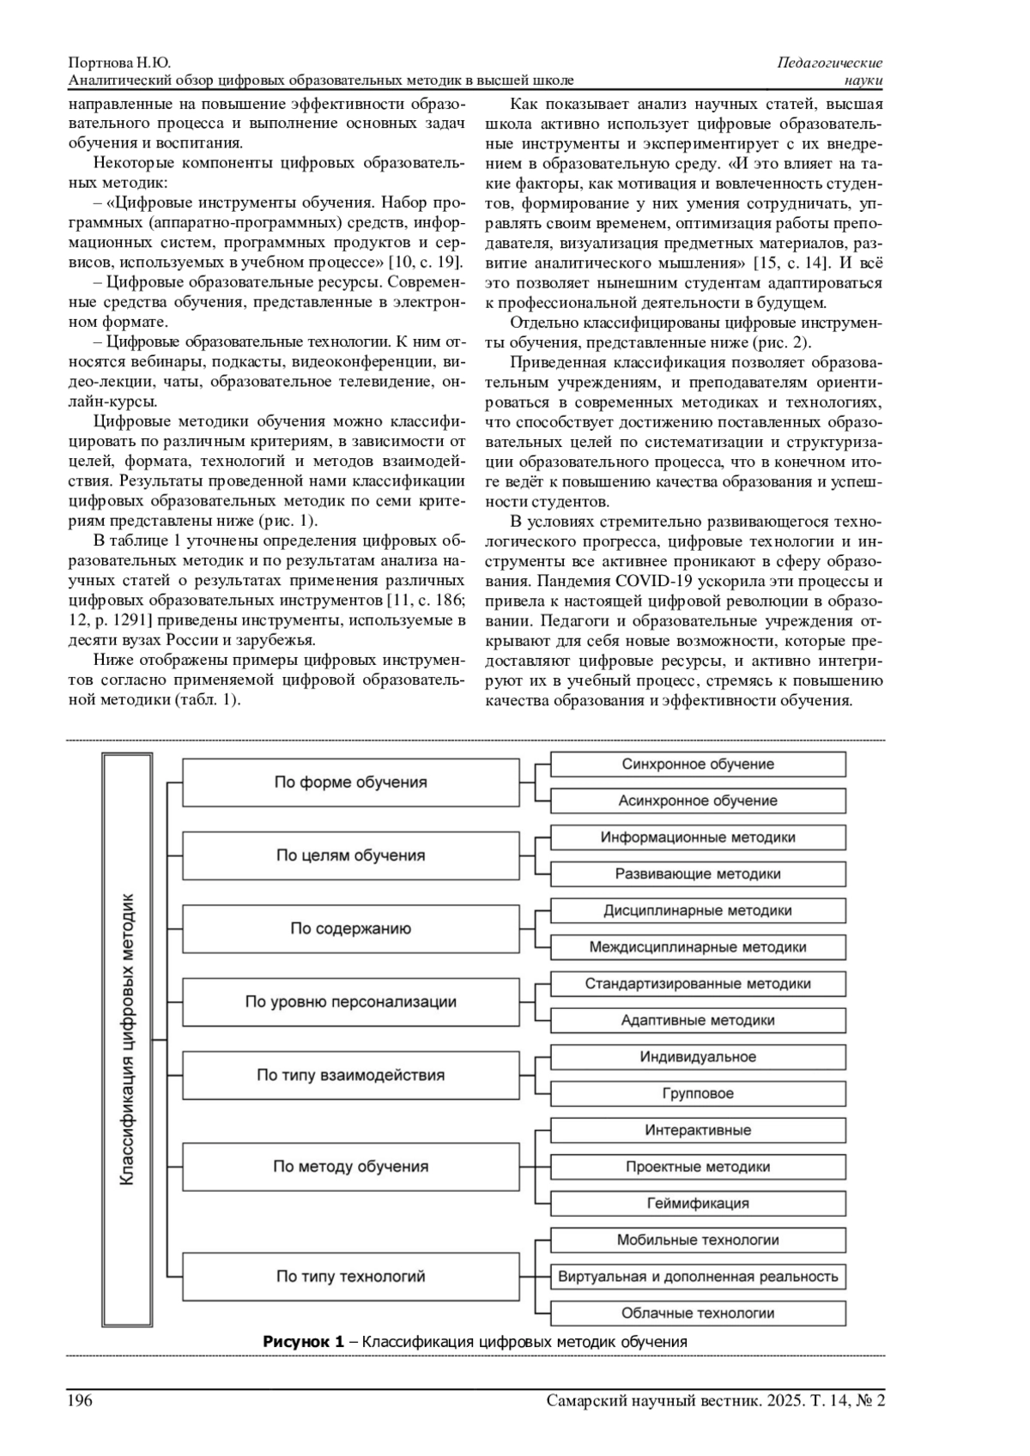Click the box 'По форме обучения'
[x=350, y=782]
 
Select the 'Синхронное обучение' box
[x=697, y=764]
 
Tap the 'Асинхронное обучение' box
[x=697, y=801]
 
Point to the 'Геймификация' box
[x=697, y=1204]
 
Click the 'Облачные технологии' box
[x=697, y=1314]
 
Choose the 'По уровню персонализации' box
[x=350, y=1002]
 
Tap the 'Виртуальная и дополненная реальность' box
[x=697, y=1277]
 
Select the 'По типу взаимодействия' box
[x=350, y=1075]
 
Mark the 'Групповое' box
[x=697, y=1094]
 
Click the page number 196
[x=80, y=1401]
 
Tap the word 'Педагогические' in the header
[x=830, y=63]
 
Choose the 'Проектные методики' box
[x=697, y=1167]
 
